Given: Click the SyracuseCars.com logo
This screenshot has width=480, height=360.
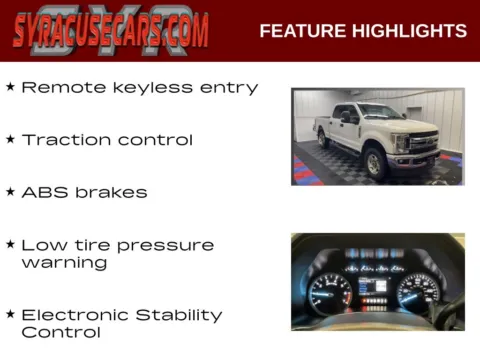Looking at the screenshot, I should (x=111, y=30).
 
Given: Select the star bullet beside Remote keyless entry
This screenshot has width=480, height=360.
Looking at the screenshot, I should (x=10, y=87).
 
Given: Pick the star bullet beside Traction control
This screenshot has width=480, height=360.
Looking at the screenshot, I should (x=10, y=139).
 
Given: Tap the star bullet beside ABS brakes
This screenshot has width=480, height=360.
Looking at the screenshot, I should (x=10, y=191).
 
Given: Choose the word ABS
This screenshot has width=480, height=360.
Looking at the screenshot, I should (x=41, y=192).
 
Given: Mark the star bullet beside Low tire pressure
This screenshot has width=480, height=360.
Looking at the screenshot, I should (x=10, y=243).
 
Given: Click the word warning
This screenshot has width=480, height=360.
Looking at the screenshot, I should (x=64, y=263).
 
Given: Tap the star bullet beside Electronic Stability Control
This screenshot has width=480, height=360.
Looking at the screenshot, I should (x=10, y=313).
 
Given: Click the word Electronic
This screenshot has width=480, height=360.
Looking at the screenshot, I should (x=79, y=315).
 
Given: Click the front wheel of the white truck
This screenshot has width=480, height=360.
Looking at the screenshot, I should (x=374, y=162).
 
